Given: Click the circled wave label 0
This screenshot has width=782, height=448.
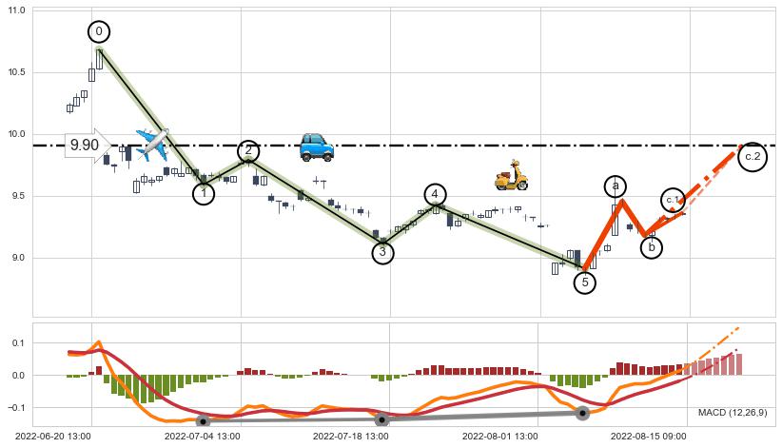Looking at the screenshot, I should pyautogui.click(x=99, y=31).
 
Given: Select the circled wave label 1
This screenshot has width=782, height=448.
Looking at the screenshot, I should pyautogui.click(x=203, y=193).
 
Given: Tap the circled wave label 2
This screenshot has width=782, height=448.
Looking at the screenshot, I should pyautogui.click(x=248, y=151).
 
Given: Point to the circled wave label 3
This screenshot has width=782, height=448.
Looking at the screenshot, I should pyautogui.click(x=382, y=252).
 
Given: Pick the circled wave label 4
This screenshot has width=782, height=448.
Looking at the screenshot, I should pyautogui.click(x=435, y=194).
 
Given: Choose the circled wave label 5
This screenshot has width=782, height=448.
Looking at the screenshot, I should pyautogui.click(x=585, y=282).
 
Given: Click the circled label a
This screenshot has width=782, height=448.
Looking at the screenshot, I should pyautogui.click(x=616, y=186).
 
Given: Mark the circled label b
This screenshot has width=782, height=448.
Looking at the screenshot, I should pyautogui.click(x=652, y=247).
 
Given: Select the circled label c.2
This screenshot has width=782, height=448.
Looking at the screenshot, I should pyautogui.click(x=753, y=156).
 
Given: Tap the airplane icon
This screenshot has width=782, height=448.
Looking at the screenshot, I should pyautogui.click(x=151, y=145).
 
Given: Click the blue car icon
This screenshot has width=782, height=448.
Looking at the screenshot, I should pyautogui.click(x=316, y=146).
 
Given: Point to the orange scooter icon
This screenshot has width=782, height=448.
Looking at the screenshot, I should pyautogui.click(x=511, y=175).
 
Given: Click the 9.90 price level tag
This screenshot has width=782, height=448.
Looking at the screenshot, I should pyautogui.click(x=85, y=146).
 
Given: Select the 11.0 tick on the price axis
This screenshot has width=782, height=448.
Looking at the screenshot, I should pyautogui.click(x=17, y=11).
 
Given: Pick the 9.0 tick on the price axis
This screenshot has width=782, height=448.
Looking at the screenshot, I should pyautogui.click(x=19, y=258).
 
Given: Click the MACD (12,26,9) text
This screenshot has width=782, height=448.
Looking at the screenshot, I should pyautogui.click(x=732, y=413).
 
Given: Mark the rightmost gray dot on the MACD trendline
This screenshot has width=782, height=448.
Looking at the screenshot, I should pyautogui.click(x=582, y=413).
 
